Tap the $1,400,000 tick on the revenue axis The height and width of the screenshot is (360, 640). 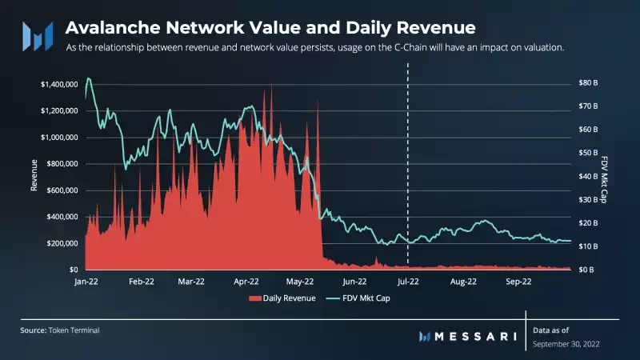tap(58, 84)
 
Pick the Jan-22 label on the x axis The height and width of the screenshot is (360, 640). tap(86, 282)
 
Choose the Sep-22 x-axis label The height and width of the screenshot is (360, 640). tap(518, 282)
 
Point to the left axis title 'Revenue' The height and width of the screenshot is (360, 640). tap(34, 176)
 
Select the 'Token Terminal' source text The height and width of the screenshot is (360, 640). tap(77, 330)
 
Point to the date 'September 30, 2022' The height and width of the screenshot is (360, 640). tap(566, 343)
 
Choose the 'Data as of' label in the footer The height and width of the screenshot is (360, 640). tap(551, 330)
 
